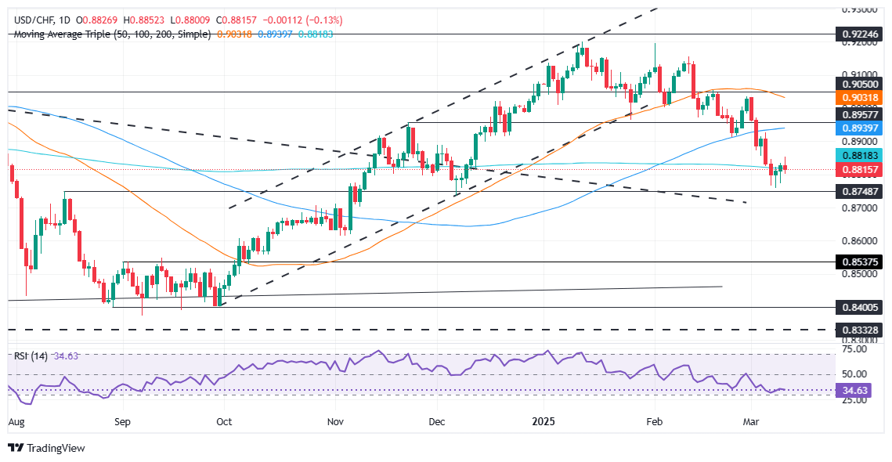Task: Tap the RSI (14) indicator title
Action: [31, 356]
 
